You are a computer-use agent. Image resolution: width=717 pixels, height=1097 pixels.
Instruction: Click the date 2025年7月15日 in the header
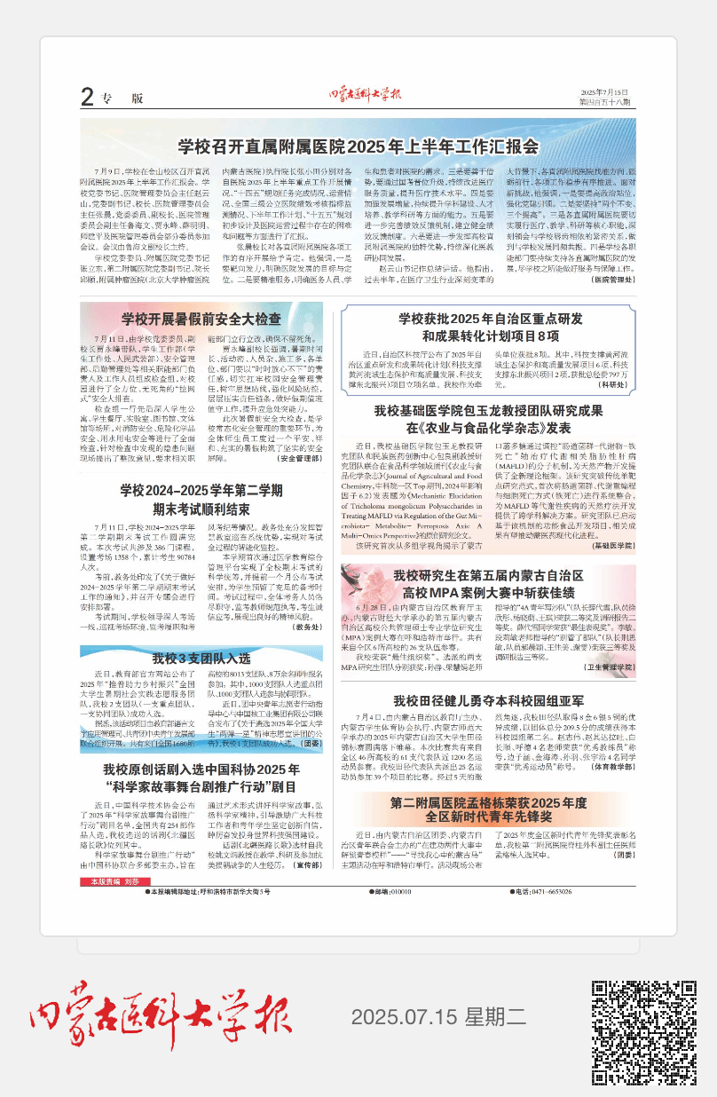(603, 92)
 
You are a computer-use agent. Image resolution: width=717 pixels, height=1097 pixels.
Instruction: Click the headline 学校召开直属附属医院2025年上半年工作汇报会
(358, 146)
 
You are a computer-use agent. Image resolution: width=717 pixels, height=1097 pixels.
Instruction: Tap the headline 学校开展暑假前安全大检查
(201, 320)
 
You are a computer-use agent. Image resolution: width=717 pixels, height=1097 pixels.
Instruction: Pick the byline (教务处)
(307, 627)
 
